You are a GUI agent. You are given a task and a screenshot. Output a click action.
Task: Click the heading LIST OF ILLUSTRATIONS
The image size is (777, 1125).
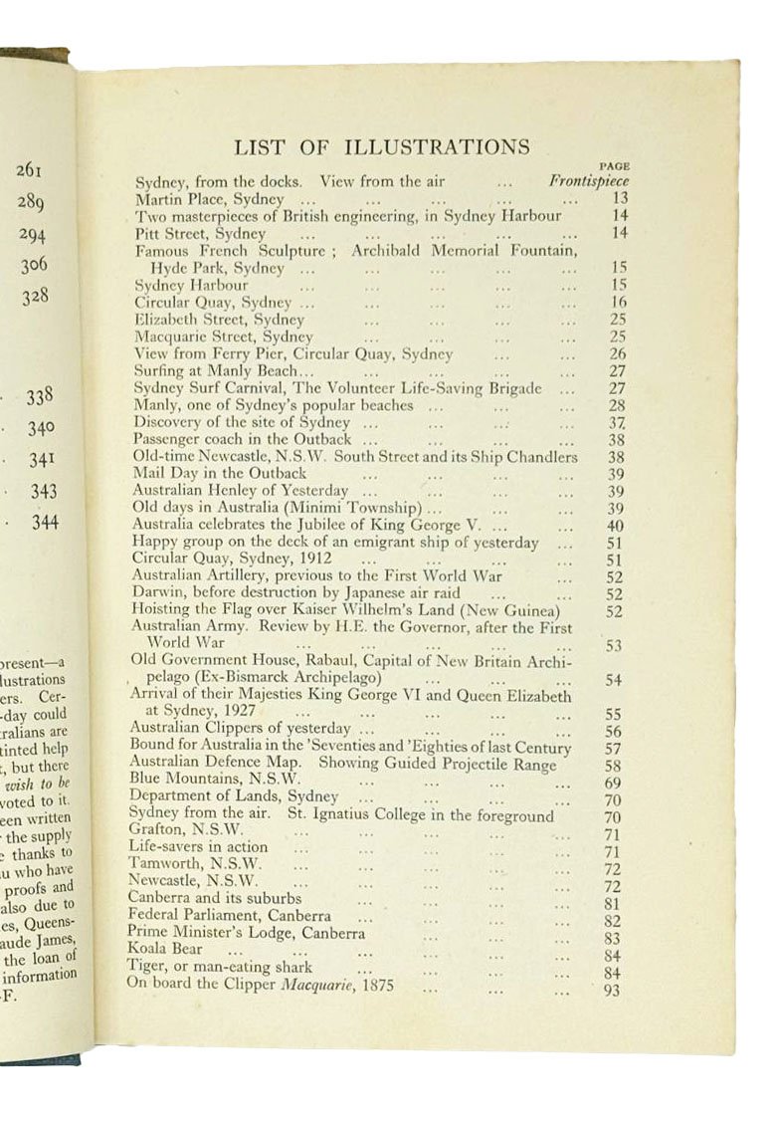pyautogui.click(x=381, y=147)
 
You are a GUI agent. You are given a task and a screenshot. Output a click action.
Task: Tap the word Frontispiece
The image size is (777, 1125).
pyautogui.click(x=589, y=181)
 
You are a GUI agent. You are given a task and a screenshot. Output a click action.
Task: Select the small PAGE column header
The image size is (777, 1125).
pyautogui.click(x=615, y=166)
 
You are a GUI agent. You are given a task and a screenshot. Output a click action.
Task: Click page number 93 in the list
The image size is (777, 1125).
pyautogui.click(x=613, y=990)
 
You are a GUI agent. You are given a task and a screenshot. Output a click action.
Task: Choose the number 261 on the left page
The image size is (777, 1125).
pyautogui.click(x=30, y=170)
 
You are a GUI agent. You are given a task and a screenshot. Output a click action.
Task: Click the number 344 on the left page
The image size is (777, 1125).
pyautogui.click(x=43, y=522)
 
